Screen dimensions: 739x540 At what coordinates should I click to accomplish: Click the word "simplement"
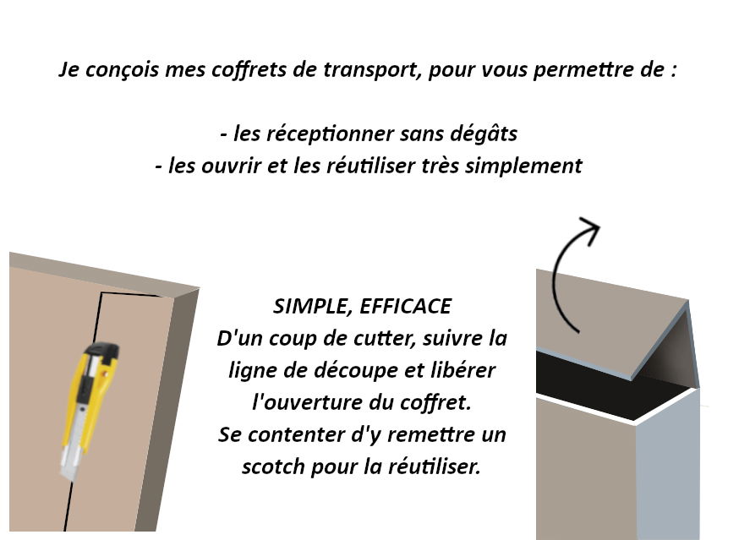[x=523, y=166]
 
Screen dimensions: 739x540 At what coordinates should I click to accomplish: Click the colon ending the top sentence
[x=675, y=71]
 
